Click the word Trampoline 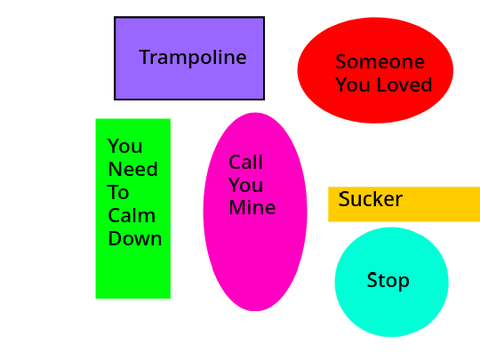tap(193, 57)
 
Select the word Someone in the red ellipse tap(380, 62)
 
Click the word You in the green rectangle tap(125, 146)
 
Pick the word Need tap(133, 169)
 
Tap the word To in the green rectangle tap(118, 192)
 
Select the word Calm tap(132, 215)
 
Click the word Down tap(135, 239)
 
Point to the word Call tap(246, 162)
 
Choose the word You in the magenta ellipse tap(246, 185)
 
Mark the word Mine tap(252, 207)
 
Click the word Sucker tap(370, 199)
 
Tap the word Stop tap(388, 281)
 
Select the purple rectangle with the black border tap(189, 58)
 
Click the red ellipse tap(375, 70)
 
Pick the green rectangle tap(133, 209)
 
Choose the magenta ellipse tap(255, 212)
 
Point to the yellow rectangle tap(404, 204)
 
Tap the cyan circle tap(392, 282)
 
